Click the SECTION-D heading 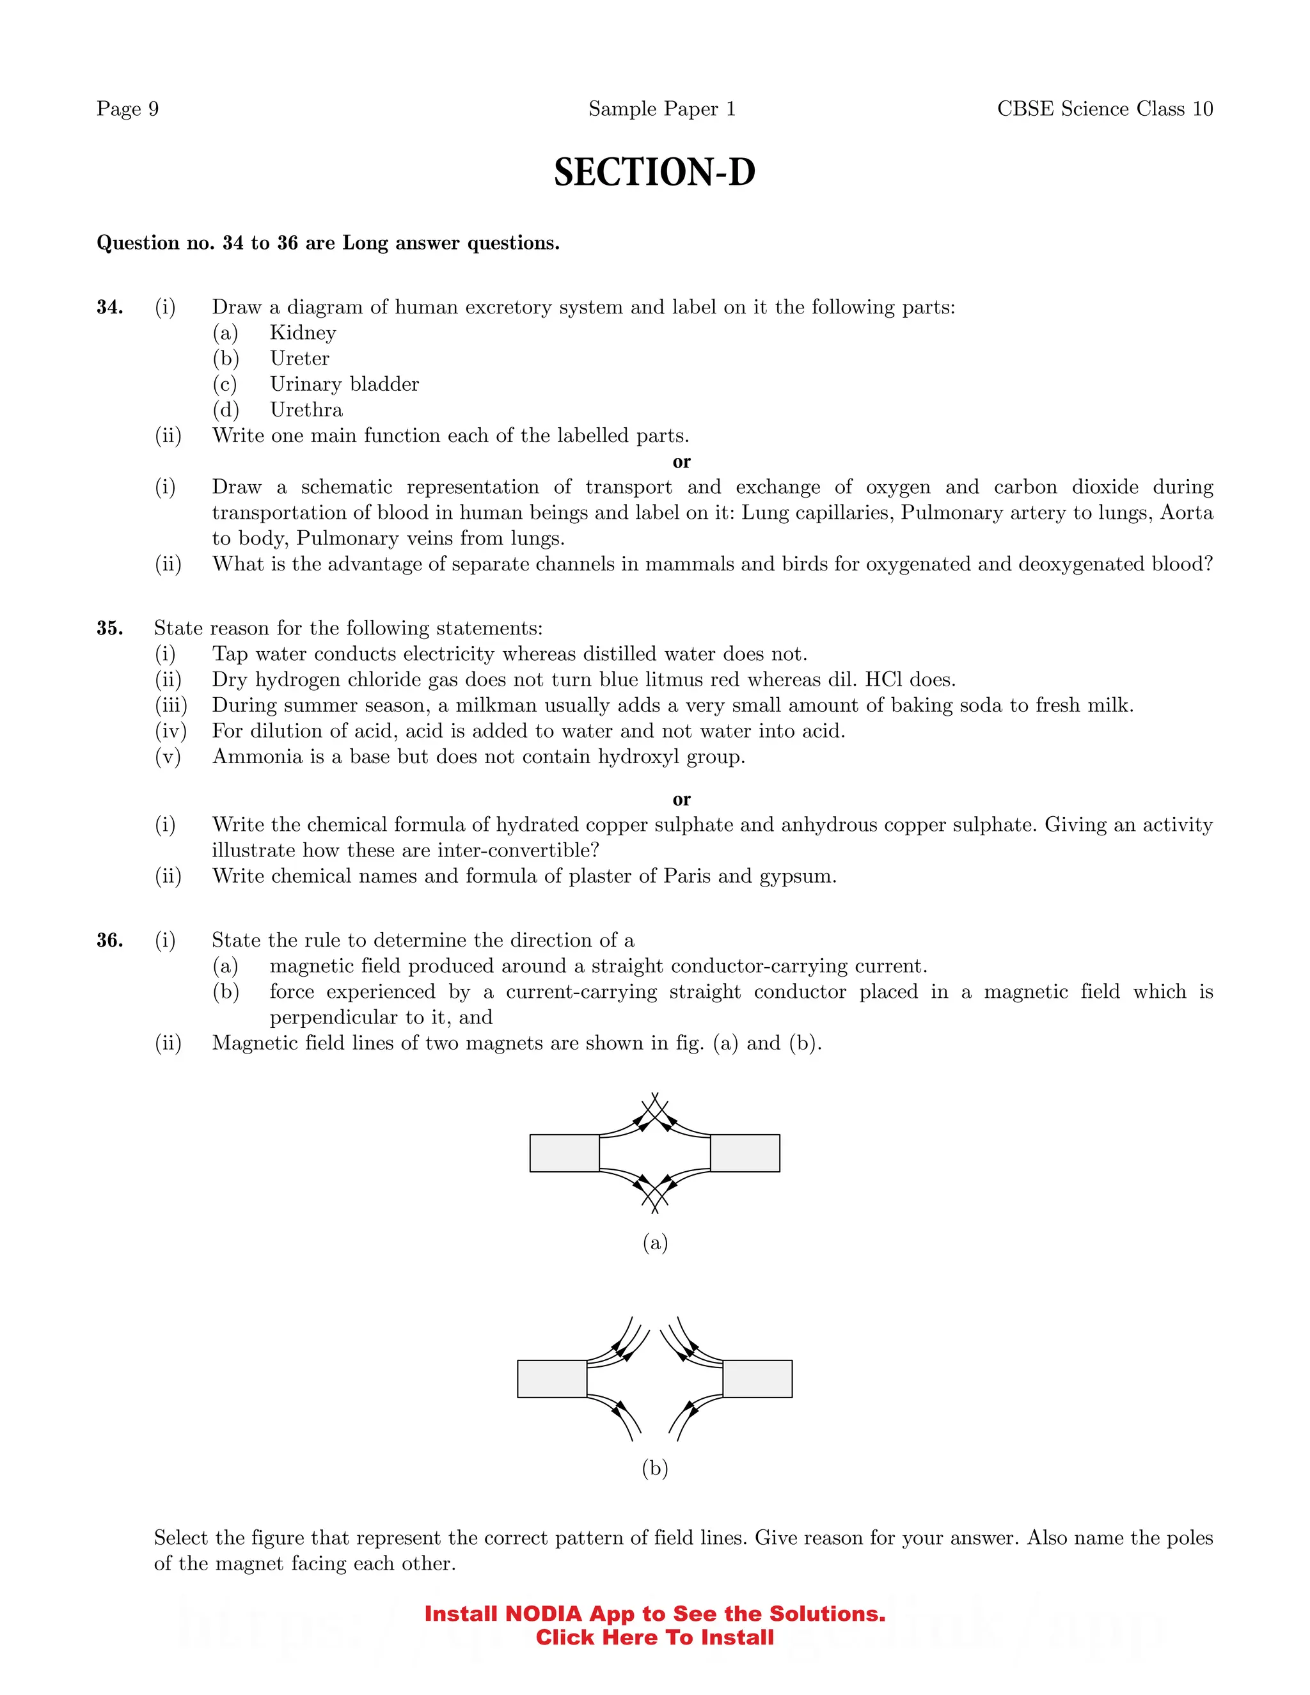[x=654, y=172]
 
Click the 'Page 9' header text [x=127, y=109]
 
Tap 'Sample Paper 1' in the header [x=661, y=109]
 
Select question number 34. [x=109, y=307]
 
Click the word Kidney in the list [x=303, y=333]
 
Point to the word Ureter [x=299, y=359]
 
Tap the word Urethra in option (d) [x=306, y=410]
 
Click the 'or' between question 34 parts [x=681, y=462]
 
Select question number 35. [x=109, y=628]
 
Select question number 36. [x=109, y=941]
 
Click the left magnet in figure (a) [x=564, y=1153]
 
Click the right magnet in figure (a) [x=745, y=1153]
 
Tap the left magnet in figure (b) [x=552, y=1378]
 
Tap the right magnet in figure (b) [x=757, y=1378]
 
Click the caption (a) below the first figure [x=655, y=1243]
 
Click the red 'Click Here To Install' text [x=654, y=1637]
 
